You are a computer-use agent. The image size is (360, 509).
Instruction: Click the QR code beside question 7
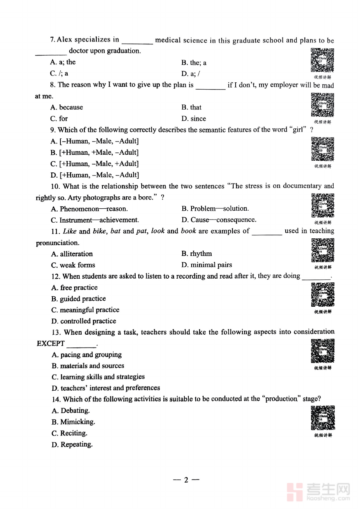click(322, 60)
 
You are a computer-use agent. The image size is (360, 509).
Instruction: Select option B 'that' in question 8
click(191, 107)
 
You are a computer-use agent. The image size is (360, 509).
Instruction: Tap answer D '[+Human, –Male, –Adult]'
click(95, 175)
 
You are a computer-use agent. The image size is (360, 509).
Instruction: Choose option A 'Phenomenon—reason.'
click(89, 209)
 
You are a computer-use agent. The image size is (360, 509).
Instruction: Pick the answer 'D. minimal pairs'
click(206, 265)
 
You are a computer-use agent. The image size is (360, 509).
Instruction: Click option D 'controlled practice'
click(84, 321)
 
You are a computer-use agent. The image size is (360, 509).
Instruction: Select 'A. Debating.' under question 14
click(70, 411)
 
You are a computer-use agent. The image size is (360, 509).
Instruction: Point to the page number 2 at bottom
click(186, 480)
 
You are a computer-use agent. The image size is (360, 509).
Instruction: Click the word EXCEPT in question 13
click(51, 343)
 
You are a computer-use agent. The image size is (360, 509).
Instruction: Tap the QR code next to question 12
click(323, 294)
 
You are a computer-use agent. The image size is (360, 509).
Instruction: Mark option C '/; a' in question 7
click(59, 74)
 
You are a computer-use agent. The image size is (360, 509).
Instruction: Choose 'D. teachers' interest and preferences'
click(106, 388)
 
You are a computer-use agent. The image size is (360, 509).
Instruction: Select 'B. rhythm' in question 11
click(196, 254)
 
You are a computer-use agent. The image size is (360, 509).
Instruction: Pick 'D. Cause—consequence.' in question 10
click(218, 220)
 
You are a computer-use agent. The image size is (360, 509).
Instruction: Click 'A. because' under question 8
click(67, 107)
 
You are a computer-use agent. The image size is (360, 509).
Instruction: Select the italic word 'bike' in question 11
click(99, 231)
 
